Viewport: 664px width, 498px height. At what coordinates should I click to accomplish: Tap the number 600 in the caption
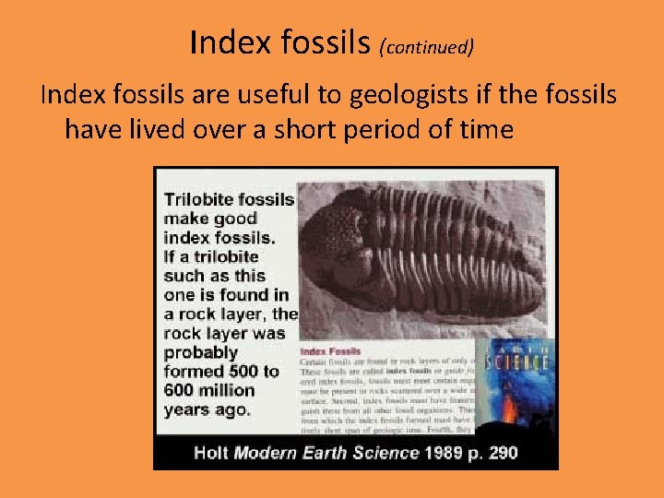(x=183, y=391)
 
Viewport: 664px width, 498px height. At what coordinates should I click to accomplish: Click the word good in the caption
(x=235, y=219)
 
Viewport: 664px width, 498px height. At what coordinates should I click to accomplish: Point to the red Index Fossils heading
(x=329, y=351)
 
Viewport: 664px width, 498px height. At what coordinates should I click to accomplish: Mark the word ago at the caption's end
(x=232, y=410)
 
